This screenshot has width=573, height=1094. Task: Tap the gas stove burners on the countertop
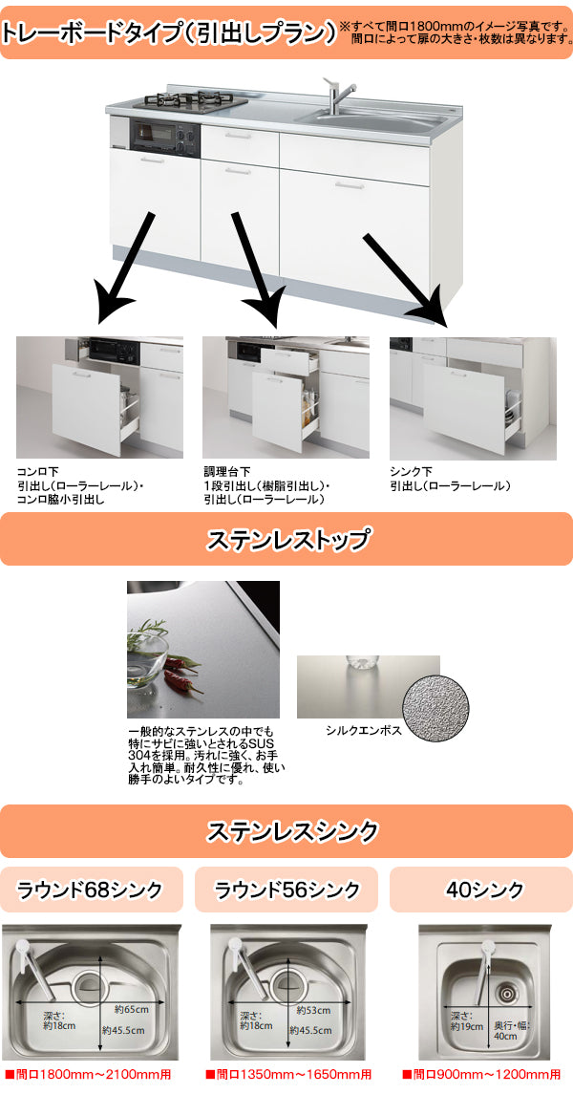[x=196, y=102]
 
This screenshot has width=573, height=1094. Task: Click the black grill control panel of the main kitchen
[x=164, y=138]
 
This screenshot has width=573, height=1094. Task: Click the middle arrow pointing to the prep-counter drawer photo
[x=257, y=269]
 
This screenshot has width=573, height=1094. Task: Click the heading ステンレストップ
[x=286, y=539]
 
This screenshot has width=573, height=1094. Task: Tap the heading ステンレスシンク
[x=286, y=831]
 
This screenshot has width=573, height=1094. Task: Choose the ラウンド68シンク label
[x=91, y=890]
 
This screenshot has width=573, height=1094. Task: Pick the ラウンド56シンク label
[x=286, y=890]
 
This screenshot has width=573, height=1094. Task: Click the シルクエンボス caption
[x=363, y=731]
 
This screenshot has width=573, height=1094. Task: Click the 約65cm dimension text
[x=130, y=1010]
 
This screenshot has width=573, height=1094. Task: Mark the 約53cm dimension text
[x=313, y=1010]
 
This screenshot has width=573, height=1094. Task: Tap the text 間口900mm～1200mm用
[x=481, y=1075]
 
